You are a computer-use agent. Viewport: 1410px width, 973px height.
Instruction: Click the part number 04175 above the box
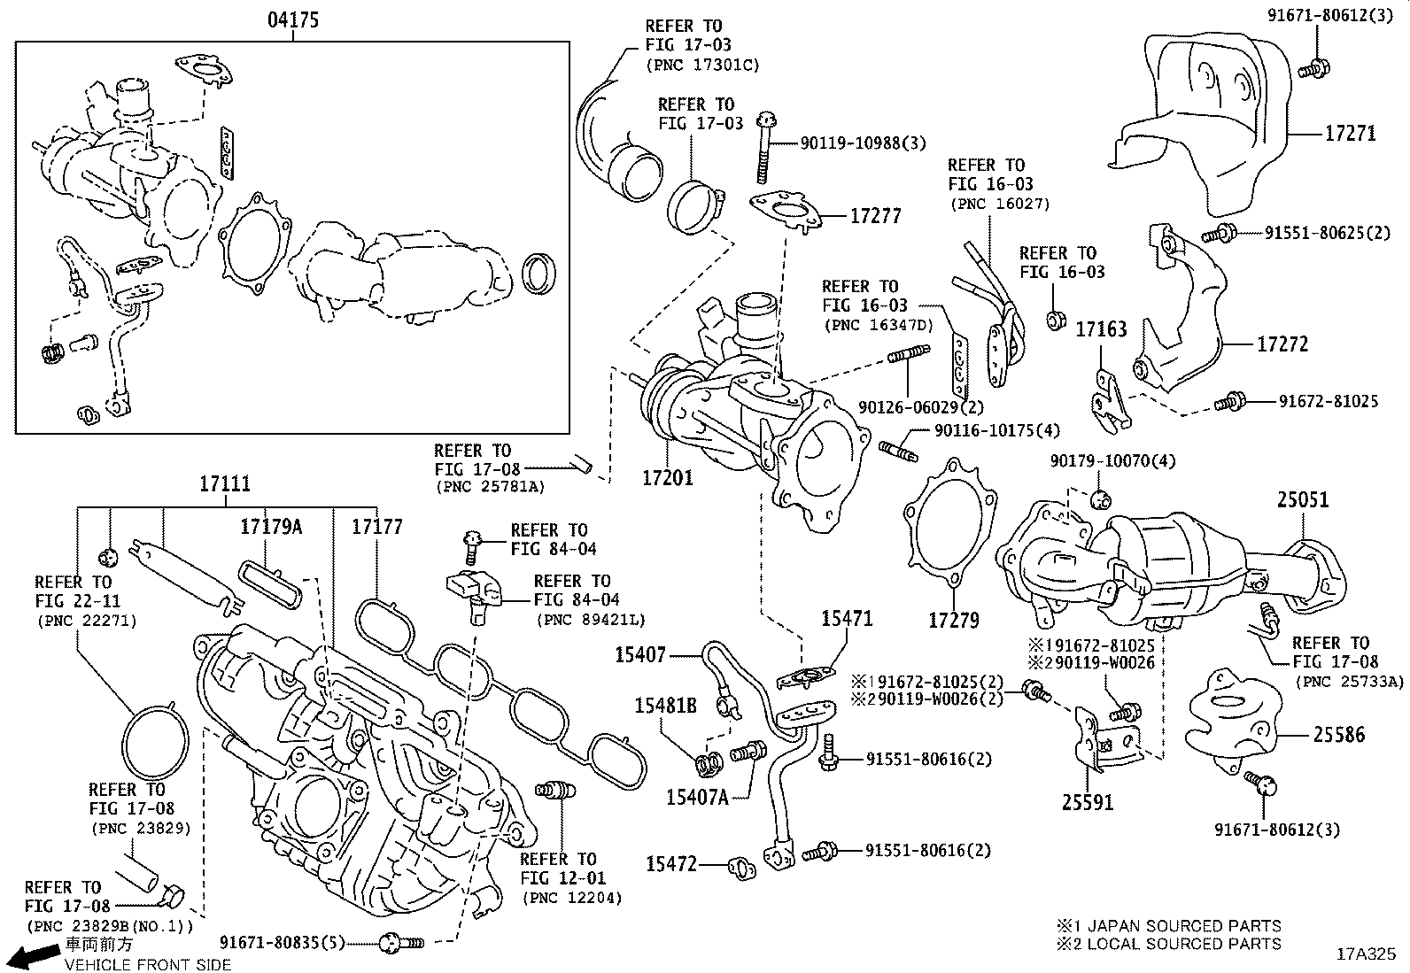pyautogui.click(x=293, y=19)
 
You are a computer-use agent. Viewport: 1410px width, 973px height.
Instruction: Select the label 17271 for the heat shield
pyautogui.click(x=1350, y=134)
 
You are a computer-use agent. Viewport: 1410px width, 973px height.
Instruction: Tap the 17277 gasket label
pyautogui.click(x=876, y=215)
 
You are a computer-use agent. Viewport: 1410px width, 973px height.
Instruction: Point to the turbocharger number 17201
pyautogui.click(x=668, y=478)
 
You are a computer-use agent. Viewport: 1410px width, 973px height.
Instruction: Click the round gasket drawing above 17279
pyautogui.click(x=949, y=522)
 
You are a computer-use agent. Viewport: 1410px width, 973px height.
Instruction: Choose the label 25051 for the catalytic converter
pyautogui.click(x=1302, y=500)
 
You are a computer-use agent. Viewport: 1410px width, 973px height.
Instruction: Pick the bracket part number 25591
pyautogui.click(x=1088, y=802)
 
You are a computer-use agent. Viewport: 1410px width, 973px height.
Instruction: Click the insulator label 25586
pyautogui.click(x=1338, y=734)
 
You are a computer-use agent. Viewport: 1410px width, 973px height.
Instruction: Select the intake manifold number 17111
pyautogui.click(x=224, y=484)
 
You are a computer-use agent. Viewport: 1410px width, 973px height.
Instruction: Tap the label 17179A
pyautogui.click(x=270, y=527)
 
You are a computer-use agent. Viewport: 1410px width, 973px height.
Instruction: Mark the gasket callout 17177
pyautogui.click(x=376, y=527)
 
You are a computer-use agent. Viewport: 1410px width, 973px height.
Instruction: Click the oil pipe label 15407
pyautogui.click(x=640, y=655)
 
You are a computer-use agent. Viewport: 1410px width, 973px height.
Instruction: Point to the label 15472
pyautogui.click(x=671, y=863)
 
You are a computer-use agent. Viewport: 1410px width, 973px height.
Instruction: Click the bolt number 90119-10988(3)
pyautogui.click(x=850, y=143)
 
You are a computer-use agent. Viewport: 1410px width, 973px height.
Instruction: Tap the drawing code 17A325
pyautogui.click(x=1365, y=954)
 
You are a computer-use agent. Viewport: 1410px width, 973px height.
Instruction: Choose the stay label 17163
pyautogui.click(x=1101, y=330)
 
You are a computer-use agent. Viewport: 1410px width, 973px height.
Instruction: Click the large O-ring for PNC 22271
pyautogui.click(x=155, y=752)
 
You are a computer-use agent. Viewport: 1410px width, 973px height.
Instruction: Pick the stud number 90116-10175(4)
pyautogui.click(x=996, y=430)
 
